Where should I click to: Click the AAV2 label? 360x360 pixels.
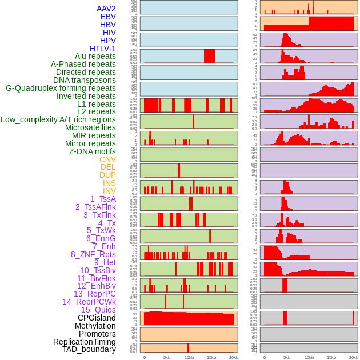106,9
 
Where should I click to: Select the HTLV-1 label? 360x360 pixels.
102,49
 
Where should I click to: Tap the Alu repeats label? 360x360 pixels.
95,56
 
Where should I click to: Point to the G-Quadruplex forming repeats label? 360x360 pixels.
61,88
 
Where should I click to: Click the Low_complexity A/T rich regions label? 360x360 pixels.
58,119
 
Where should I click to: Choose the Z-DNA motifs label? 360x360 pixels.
92,151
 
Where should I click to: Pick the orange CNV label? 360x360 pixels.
107,159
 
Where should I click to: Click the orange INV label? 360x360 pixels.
109,191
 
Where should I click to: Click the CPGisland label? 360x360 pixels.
97,318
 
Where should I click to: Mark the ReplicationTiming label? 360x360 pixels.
84,342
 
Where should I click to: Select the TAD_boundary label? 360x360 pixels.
89,349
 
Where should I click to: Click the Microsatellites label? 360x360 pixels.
90,127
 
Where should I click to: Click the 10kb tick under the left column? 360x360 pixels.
189,357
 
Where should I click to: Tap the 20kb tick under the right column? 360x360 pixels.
354,357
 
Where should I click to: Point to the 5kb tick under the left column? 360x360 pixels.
166,357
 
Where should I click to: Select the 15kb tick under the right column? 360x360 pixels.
331,357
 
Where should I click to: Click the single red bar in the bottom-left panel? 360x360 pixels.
188,347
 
